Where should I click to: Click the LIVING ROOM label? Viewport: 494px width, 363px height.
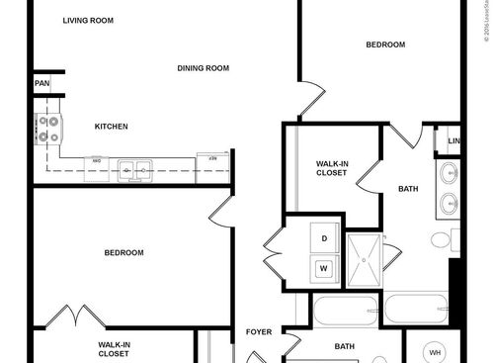87,20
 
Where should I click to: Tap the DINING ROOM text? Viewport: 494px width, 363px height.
204,68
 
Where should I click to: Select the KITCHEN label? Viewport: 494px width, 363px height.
111,127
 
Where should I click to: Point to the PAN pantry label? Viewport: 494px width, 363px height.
41,84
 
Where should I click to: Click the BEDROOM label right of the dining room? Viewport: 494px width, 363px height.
385,45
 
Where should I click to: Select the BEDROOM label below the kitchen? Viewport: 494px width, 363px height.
123,253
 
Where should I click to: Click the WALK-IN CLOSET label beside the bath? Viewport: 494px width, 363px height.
331,167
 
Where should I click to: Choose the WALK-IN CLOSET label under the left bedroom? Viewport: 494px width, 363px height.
114,348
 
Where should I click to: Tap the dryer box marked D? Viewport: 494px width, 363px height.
322,238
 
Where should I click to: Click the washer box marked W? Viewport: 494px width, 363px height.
322,267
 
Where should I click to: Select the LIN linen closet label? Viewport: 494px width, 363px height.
453,141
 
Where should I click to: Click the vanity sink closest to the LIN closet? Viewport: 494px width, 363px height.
449,173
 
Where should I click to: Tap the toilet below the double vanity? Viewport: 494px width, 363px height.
455,240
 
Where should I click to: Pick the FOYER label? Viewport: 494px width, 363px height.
259,333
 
